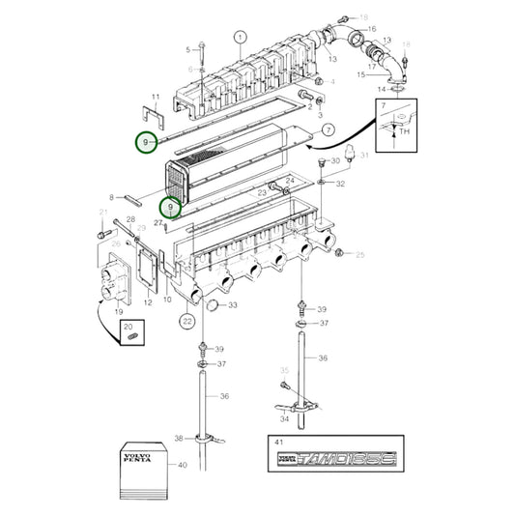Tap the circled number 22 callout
(x=187, y=320)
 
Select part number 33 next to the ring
(x=232, y=306)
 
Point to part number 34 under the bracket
(x=285, y=418)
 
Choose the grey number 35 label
(x=285, y=370)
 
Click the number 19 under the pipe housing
(x=119, y=312)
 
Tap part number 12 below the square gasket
(x=148, y=302)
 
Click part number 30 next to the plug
(x=334, y=159)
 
